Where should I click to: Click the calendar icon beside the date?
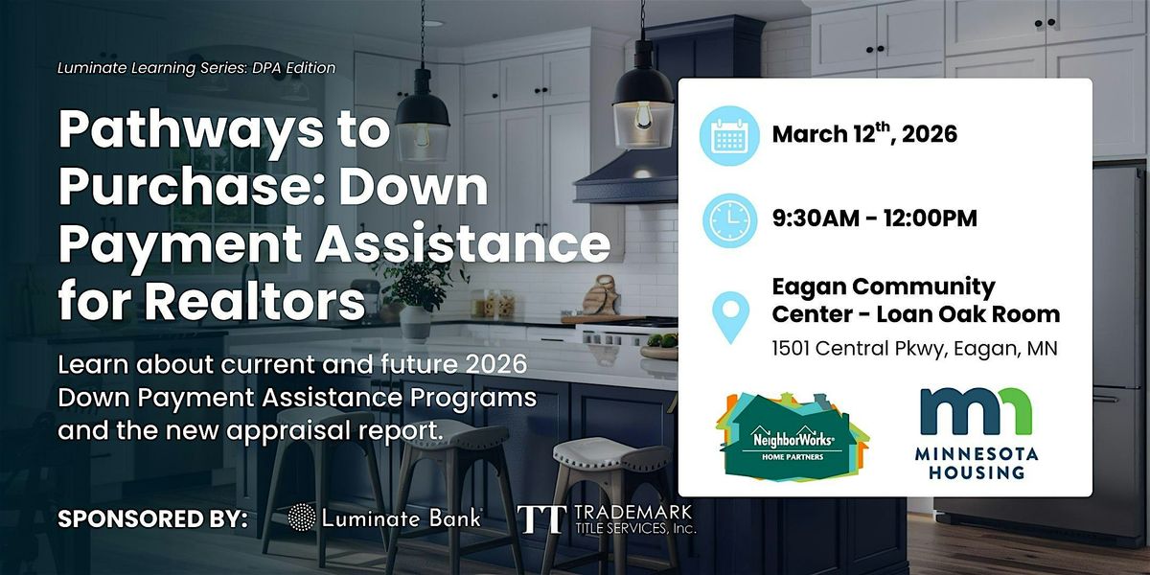[x=729, y=135]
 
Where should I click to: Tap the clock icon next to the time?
[x=729, y=220]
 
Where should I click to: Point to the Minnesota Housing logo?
[x=976, y=434]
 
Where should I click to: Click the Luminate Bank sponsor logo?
[x=384, y=517]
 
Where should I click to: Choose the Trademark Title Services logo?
[x=607, y=519]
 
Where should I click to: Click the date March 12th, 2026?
[x=864, y=134]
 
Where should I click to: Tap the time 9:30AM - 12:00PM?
[x=874, y=218]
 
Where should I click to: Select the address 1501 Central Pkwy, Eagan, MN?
[x=914, y=349]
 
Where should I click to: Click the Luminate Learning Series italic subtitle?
[x=196, y=68]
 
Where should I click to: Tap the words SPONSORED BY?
[x=153, y=518]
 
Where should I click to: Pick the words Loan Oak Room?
[x=968, y=314]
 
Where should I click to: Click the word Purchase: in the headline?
[x=193, y=186]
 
